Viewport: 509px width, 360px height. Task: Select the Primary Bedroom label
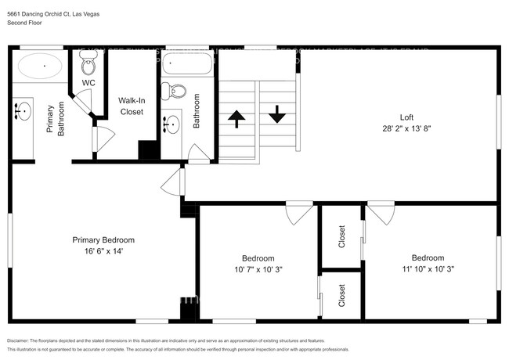103,240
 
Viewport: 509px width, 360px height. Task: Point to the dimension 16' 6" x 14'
103,251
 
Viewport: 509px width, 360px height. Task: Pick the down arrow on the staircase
277,114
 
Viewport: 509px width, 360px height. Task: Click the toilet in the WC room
88,63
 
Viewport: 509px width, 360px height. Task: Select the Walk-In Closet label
131,106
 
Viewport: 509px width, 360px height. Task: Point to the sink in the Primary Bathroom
22,112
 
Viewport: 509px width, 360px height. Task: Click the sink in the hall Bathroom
171,123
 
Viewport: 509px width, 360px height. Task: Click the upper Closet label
341,237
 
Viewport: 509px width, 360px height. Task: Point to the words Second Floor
24,23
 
